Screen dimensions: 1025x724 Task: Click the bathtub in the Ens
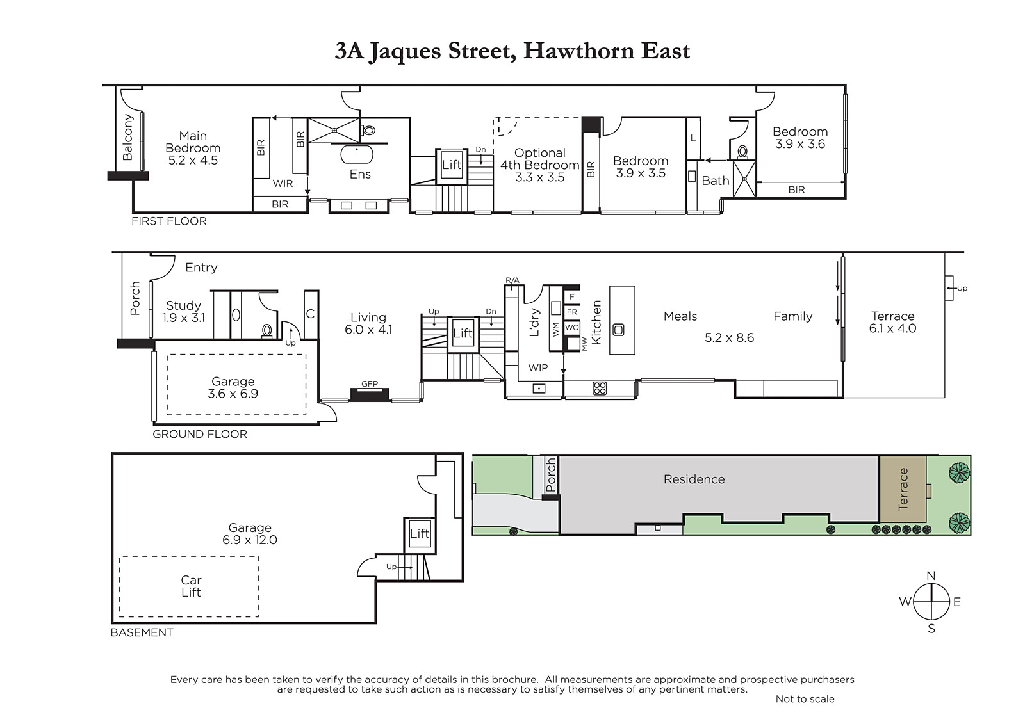click(x=357, y=154)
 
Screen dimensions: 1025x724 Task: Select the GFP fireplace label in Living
click(x=370, y=383)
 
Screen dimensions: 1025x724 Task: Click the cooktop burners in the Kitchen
click(x=600, y=389)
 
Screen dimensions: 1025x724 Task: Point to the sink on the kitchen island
click(x=618, y=329)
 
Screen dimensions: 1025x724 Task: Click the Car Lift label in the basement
click(x=191, y=586)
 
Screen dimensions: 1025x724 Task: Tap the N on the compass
click(x=931, y=576)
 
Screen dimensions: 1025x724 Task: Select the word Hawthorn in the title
click(x=578, y=51)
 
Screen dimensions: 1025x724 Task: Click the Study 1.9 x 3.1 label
click(x=183, y=312)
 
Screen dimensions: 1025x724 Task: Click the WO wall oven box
click(x=572, y=328)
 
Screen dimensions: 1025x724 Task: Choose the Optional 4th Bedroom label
click(x=540, y=165)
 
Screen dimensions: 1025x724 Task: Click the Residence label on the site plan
click(x=694, y=479)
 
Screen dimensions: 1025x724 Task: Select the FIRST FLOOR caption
click(x=169, y=221)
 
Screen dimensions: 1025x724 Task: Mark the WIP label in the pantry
click(x=537, y=367)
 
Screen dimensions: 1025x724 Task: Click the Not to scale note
click(x=805, y=699)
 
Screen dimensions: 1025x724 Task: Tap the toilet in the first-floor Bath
click(x=742, y=152)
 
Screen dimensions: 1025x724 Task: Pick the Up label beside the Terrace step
click(x=962, y=288)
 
